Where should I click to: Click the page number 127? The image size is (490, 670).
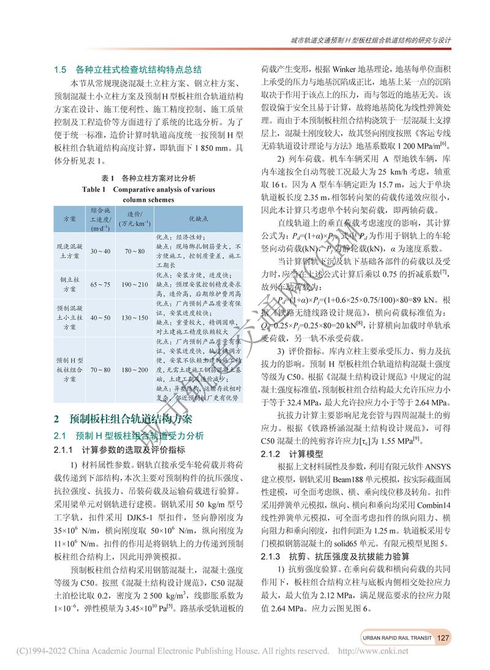(x=444, y=638)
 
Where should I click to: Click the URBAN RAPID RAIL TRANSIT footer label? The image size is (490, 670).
(x=396, y=638)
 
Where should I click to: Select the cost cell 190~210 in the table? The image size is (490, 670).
(x=135, y=285)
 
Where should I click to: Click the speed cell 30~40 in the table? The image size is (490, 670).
(x=100, y=251)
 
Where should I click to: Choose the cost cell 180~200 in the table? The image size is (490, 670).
(x=135, y=370)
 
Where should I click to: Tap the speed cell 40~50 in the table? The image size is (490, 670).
(x=100, y=318)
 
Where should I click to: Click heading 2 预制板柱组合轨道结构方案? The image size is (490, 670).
(x=123, y=419)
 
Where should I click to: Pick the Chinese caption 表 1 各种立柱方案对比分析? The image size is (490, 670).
(x=148, y=179)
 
